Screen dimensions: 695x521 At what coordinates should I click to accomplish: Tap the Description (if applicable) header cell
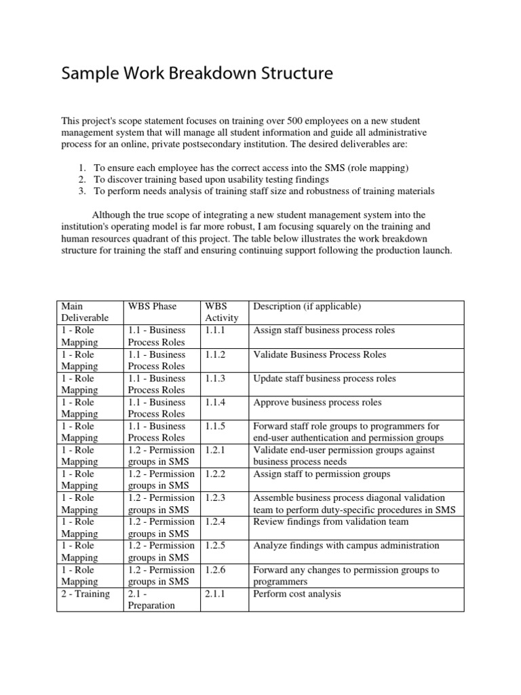[307, 307]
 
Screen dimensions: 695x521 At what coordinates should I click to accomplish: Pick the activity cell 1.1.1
[216, 331]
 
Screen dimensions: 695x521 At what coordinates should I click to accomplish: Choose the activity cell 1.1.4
[216, 402]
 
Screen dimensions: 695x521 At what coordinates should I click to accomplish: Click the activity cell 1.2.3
[216, 498]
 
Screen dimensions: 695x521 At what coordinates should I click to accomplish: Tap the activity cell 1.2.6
[216, 570]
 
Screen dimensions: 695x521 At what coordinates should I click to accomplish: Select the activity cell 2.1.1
[216, 594]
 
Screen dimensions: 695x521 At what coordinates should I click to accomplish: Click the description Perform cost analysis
[296, 594]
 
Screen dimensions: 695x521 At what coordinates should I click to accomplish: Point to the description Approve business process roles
[317, 402]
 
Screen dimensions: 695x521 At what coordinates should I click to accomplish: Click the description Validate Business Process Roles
[320, 354]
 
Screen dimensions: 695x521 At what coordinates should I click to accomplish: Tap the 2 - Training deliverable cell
[85, 594]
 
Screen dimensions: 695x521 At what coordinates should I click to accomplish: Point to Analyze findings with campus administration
[346, 546]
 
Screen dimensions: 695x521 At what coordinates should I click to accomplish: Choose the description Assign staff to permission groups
[322, 474]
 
